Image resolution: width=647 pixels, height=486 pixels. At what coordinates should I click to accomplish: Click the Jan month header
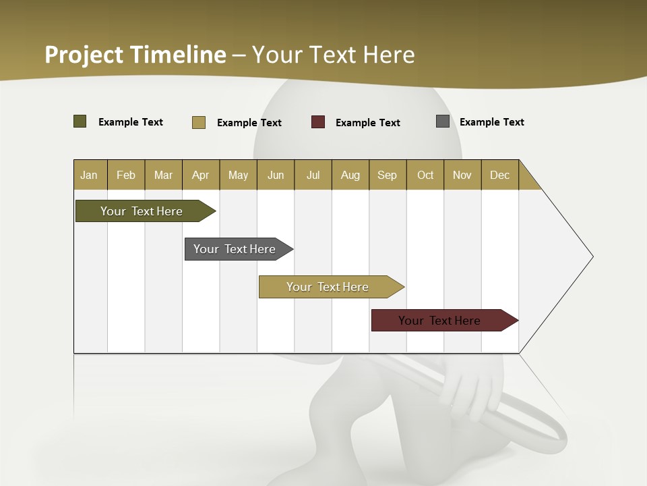[89, 175]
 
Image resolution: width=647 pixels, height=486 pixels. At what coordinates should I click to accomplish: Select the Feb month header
[126, 175]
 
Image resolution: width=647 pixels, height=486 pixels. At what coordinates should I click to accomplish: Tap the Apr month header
[200, 175]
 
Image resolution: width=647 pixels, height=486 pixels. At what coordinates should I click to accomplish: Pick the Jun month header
[276, 175]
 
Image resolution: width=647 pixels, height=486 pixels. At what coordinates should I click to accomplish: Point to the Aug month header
[350, 175]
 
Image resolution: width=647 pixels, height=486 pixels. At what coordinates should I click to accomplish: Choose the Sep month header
[387, 175]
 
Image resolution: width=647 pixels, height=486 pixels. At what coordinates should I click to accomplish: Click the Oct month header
[425, 175]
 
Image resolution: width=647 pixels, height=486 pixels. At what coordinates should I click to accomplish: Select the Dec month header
[499, 175]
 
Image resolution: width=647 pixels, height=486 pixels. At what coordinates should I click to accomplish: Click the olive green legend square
[80, 122]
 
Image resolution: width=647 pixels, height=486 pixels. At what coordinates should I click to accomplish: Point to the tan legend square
[199, 122]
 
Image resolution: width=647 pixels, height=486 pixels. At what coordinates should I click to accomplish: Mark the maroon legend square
[318, 122]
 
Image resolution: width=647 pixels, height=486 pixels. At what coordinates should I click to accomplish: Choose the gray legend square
[443, 122]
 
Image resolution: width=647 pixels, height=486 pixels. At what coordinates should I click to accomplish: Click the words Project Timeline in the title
[135, 55]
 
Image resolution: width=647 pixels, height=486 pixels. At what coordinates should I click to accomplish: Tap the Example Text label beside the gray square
[491, 122]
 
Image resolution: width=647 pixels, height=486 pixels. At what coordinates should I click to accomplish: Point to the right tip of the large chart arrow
[592, 256]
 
